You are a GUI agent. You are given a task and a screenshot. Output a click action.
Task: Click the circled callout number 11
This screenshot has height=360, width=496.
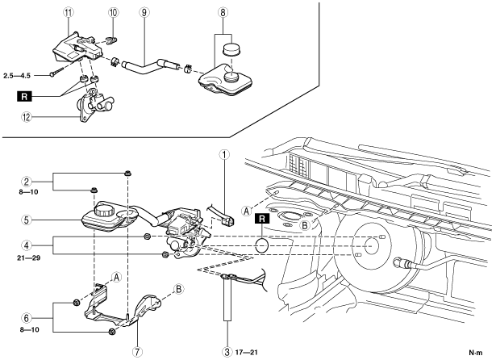(x=68, y=13)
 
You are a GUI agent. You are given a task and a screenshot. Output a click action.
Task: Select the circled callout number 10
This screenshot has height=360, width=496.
(x=113, y=13)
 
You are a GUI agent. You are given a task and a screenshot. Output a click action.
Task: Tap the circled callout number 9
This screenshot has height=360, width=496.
(x=144, y=13)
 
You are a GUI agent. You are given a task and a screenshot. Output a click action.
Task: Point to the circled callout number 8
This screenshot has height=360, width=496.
(x=223, y=13)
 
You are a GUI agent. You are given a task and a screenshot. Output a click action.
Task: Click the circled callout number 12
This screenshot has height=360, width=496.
(x=27, y=118)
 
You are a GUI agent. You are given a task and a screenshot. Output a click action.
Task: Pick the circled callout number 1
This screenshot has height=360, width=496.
(x=224, y=155)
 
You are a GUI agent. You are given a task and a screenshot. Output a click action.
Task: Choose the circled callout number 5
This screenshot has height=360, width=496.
(x=27, y=220)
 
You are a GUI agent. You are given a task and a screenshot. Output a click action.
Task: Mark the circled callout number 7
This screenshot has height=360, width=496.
(x=137, y=351)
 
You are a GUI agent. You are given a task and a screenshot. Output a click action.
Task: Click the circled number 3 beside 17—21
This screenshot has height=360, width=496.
(x=227, y=351)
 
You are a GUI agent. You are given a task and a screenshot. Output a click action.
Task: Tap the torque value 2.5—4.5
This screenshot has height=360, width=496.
(x=17, y=76)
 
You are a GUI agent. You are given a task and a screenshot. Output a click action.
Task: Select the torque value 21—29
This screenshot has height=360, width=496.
(x=29, y=258)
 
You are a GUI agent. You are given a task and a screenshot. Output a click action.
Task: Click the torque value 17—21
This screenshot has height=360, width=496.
(x=247, y=352)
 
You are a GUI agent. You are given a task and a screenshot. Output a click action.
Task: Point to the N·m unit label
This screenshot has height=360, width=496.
(x=476, y=353)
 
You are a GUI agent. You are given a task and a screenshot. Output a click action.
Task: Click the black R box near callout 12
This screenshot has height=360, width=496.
(x=25, y=96)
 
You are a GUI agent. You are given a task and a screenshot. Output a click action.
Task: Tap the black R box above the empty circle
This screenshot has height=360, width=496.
(x=262, y=219)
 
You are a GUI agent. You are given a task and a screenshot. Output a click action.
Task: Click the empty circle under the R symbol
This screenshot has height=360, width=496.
(x=262, y=246)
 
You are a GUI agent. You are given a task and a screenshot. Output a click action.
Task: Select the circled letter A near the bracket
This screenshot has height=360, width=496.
(x=117, y=278)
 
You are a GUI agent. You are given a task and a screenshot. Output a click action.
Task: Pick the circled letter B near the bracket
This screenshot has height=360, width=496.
(x=179, y=289)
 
